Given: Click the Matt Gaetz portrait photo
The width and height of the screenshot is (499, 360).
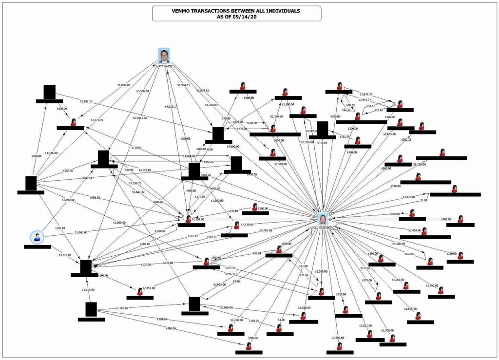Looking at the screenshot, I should click(164, 56).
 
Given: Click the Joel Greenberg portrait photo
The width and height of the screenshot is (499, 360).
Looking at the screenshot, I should click(323, 219).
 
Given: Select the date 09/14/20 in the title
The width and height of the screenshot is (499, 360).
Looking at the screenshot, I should click(247, 16).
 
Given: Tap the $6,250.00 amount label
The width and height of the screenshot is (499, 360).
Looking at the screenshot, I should click(420, 165).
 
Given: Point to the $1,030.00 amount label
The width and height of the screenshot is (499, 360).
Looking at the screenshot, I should click(123, 85).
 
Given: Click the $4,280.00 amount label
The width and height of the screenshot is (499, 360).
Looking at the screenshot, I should click(399, 244).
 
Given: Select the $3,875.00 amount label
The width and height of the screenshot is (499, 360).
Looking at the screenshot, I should click(389, 133).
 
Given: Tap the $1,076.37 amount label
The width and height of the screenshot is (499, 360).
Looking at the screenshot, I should click(366, 94).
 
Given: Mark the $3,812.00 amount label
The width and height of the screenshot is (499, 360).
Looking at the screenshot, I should click(366, 325).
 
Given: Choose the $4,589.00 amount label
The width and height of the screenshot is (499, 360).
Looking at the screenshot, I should click(312, 132).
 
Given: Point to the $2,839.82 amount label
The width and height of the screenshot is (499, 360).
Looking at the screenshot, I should click(202, 91).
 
